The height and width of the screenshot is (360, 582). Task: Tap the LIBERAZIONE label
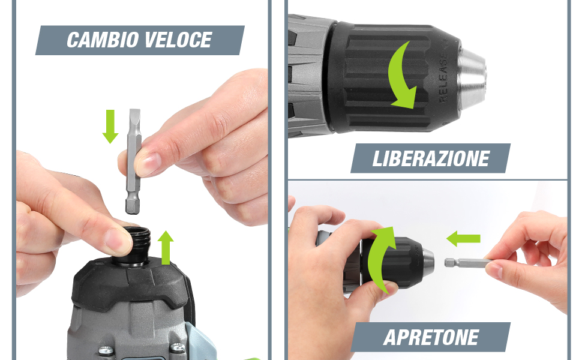pos(431,159)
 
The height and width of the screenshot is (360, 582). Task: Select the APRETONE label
pos(431,337)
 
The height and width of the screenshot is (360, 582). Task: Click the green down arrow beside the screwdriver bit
pos(110,126)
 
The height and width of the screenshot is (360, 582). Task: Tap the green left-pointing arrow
pos(463,239)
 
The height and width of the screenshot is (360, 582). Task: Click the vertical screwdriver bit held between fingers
pos(133,161)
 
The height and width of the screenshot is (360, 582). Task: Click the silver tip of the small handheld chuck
pos(428,262)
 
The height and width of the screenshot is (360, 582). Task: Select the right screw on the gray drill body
pos(177,347)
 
